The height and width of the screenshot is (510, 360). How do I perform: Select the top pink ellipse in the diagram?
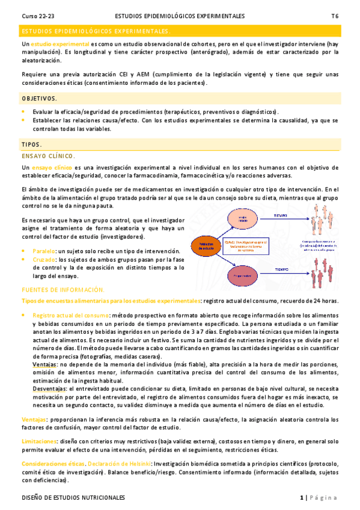click(x=242, y=218)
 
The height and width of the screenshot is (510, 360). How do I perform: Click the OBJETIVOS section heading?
click(x=39, y=98)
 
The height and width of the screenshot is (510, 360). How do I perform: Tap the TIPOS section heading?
click(x=31, y=145)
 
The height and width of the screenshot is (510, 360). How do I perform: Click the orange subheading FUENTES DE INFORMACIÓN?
click(x=63, y=290)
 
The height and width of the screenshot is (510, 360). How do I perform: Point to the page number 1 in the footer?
click(x=301, y=497)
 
